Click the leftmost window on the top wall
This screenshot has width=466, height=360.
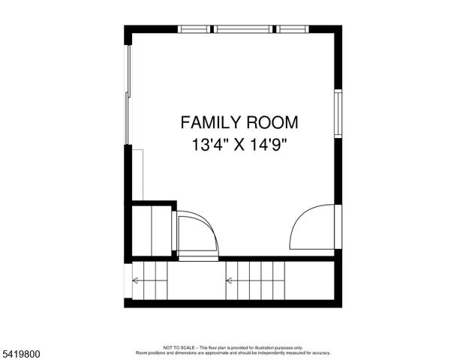tap(194, 29)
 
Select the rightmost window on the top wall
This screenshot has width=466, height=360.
tap(293, 29)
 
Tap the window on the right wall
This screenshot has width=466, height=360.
tap(338, 113)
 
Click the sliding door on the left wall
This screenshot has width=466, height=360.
tap(128, 94)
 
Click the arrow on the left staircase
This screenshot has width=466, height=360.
tap(137, 281)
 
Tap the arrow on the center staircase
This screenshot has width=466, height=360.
tap(230, 281)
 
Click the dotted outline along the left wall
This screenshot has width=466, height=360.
tap(138, 174)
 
